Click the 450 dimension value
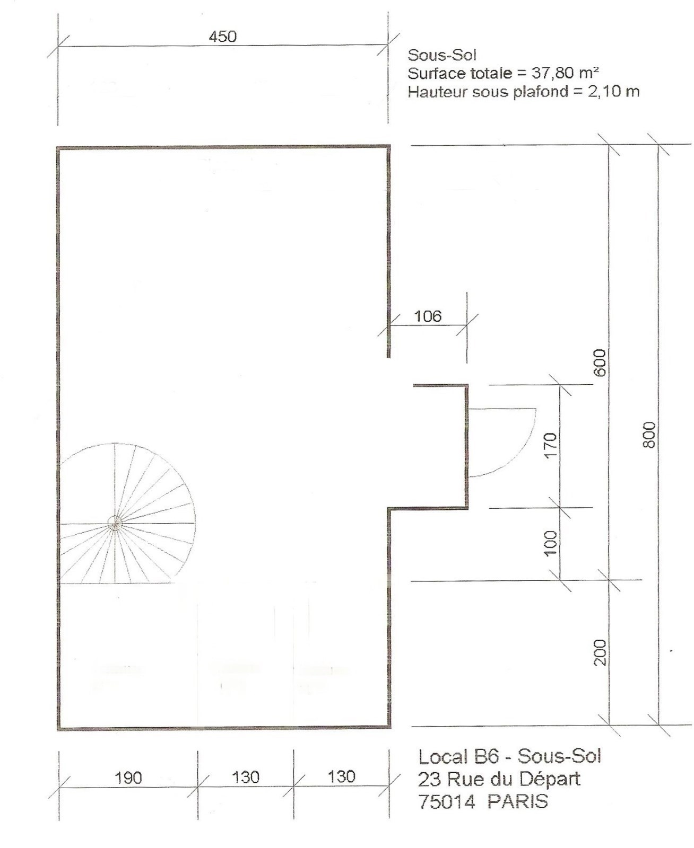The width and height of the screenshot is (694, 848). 223,37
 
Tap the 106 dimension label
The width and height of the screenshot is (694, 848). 428,316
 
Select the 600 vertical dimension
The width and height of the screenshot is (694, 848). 600,363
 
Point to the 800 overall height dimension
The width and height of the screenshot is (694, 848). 649,435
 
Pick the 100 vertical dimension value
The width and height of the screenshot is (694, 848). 551,544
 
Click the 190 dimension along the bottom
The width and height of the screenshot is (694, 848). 128,778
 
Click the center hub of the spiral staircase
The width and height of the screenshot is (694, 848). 116,524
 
